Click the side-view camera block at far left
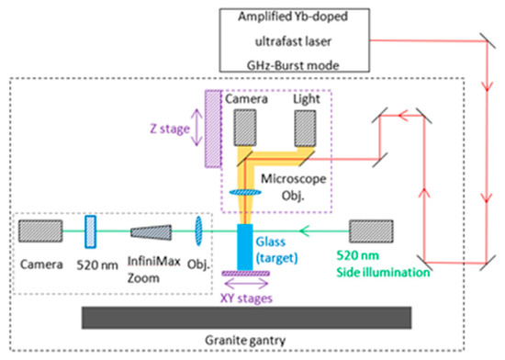pyautogui.click(x=41, y=232)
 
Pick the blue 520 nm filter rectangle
pyautogui.click(x=91, y=232)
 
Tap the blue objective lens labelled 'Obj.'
pyautogui.click(x=199, y=232)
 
